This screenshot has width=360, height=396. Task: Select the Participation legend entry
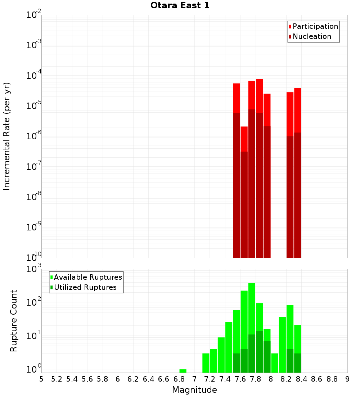(x=315, y=26)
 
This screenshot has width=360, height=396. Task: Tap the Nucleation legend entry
(x=312, y=36)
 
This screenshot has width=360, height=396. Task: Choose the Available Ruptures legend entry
(x=88, y=277)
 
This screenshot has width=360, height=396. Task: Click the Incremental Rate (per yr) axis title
(x=7, y=136)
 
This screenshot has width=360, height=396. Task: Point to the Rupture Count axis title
(x=14, y=321)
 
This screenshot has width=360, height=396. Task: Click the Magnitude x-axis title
(x=194, y=390)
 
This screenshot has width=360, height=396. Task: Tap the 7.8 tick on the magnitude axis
(x=256, y=379)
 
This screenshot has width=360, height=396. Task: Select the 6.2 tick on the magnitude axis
(x=133, y=379)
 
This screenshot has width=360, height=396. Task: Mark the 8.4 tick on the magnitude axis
(x=302, y=379)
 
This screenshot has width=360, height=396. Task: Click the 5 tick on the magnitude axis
(x=41, y=379)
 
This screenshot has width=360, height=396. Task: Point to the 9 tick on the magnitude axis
(x=347, y=379)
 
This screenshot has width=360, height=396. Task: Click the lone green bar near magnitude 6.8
(x=183, y=371)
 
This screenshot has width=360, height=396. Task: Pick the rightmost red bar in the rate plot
(x=297, y=173)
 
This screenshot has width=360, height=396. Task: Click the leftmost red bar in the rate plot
(x=237, y=169)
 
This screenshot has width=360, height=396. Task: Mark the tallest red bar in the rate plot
(x=259, y=166)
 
